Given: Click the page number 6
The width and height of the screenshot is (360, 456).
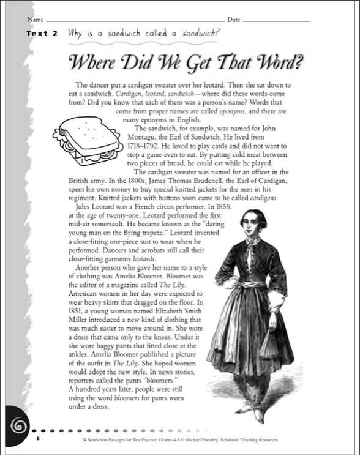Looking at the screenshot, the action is point(37,439).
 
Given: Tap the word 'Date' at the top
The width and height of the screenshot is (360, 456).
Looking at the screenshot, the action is point(234,20).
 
